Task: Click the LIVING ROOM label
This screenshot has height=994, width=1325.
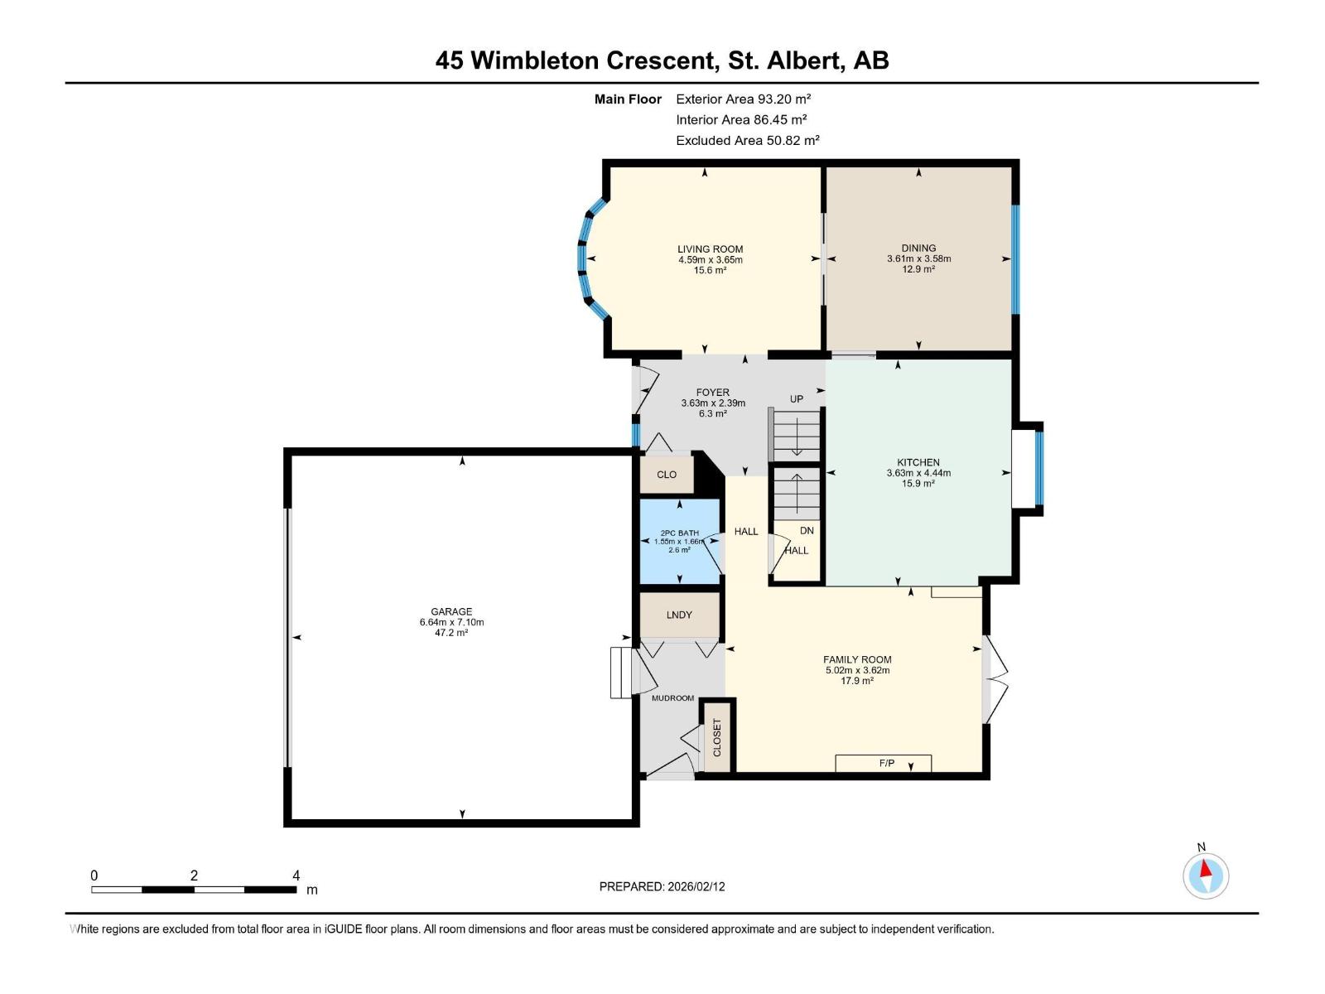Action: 710,248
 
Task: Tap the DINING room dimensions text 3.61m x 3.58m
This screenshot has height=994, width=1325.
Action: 918,258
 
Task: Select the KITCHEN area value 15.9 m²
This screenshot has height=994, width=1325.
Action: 918,483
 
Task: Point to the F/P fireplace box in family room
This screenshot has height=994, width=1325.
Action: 884,763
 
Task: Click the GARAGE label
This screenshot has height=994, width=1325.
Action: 451,611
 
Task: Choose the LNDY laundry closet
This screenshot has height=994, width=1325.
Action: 679,615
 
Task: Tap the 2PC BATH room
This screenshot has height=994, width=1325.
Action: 679,541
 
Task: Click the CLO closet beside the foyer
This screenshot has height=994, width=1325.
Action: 667,475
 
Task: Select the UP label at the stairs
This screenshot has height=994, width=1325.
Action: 796,398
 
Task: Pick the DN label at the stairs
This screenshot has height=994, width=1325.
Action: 807,530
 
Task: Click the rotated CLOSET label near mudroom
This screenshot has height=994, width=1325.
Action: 717,737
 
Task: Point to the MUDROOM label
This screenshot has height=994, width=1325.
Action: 672,698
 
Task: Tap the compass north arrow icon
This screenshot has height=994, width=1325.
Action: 1206,874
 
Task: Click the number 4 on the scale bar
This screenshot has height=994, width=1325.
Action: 296,876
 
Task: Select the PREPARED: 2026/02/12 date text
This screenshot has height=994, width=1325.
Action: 662,886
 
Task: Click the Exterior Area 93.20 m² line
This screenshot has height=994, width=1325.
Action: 743,99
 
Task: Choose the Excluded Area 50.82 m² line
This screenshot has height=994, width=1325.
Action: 747,140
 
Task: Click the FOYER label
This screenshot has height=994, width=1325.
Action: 712,393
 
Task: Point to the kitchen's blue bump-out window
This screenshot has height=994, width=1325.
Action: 1040,468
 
